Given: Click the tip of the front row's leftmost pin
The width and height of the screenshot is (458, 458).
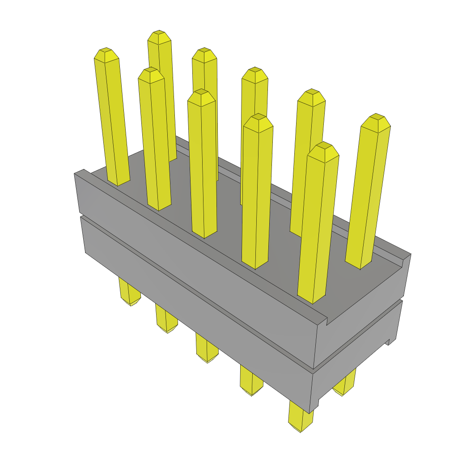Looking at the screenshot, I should tap(106, 54).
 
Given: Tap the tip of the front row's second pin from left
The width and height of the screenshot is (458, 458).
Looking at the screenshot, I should tap(150, 74).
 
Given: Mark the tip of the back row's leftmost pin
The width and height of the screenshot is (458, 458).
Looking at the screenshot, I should tap(159, 37).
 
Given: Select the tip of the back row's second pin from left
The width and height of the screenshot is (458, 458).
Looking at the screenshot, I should tap(204, 54).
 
